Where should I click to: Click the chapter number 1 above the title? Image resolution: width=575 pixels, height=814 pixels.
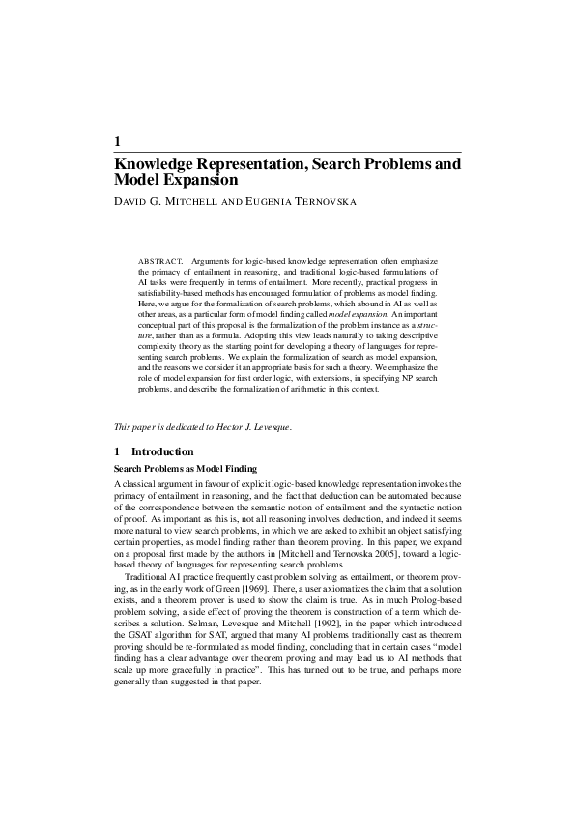pyautogui.click(x=118, y=141)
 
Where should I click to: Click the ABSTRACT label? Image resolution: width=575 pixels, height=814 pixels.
pyautogui.click(x=160, y=262)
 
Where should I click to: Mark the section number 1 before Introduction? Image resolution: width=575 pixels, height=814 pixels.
pyautogui.click(x=118, y=451)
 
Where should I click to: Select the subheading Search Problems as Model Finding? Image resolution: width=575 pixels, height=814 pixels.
pyautogui.click(x=186, y=468)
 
